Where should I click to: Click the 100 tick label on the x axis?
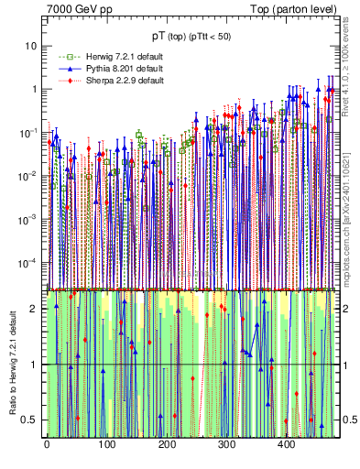[x=106, y=444]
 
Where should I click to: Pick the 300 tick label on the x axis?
[x=226, y=444]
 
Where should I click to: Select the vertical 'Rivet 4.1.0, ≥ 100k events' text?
[x=349, y=73]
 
